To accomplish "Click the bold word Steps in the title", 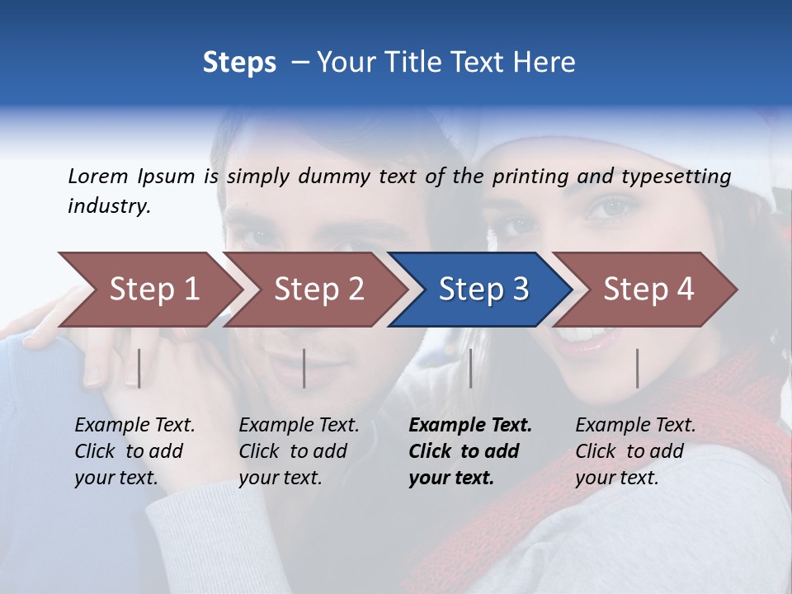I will pos(239,62).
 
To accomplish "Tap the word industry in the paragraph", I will pos(108,206).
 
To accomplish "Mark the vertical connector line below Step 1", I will pos(139,368).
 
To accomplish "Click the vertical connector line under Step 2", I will pos(304,368).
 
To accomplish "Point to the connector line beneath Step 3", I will pos(470,368).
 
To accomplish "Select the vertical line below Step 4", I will pos(637,368).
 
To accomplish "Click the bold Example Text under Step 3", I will pos(470,425).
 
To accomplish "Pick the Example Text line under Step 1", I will pos(134,425).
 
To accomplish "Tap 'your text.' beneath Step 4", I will pos(617,478).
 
